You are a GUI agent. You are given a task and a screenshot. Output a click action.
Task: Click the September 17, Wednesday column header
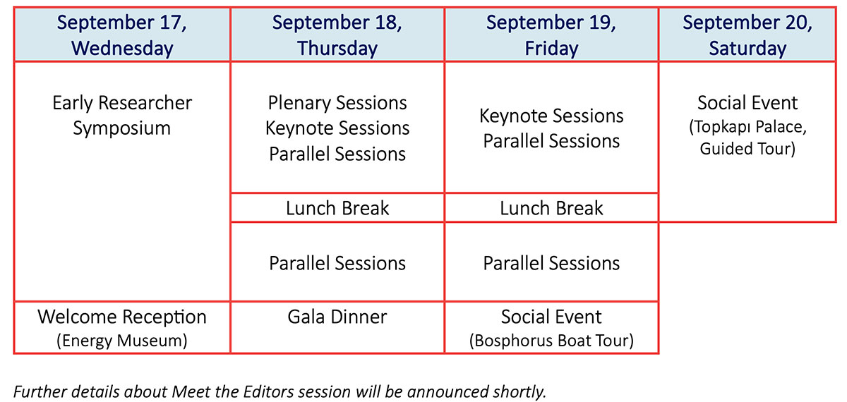pyautogui.click(x=122, y=35)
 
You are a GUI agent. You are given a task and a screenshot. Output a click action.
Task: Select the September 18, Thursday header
pyautogui.click(x=337, y=35)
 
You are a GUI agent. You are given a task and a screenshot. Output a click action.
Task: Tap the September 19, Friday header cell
pyautogui.click(x=551, y=35)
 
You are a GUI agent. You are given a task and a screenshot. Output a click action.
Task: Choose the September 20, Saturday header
pyautogui.click(x=747, y=35)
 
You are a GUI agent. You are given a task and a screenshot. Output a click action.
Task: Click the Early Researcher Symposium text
pyautogui.click(x=122, y=115)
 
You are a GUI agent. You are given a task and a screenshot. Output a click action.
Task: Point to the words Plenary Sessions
pyautogui.click(x=337, y=103)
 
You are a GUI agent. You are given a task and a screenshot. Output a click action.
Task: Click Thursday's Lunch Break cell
pyautogui.click(x=337, y=208)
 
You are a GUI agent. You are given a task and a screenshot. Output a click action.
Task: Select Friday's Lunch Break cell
pyautogui.click(x=551, y=208)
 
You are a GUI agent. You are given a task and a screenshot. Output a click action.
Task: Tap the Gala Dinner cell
pyautogui.click(x=337, y=327)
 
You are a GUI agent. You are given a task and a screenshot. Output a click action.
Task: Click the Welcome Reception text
pyautogui.click(x=122, y=317)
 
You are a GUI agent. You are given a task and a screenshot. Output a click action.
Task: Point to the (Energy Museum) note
pyautogui.click(x=122, y=341)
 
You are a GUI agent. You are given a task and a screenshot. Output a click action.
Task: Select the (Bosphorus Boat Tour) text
pyautogui.click(x=551, y=341)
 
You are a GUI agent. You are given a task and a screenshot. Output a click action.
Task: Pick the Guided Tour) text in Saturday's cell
pyautogui.click(x=747, y=149)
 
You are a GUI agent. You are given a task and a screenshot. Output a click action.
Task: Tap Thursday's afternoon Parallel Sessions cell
pyautogui.click(x=337, y=262)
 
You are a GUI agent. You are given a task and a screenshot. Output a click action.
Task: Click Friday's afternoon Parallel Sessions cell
pyautogui.click(x=551, y=262)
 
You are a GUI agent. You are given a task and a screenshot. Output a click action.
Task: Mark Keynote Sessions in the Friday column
pyautogui.click(x=551, y=116)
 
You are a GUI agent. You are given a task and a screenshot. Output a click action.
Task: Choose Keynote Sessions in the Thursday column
pyautogui.click(x=337, y=128)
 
